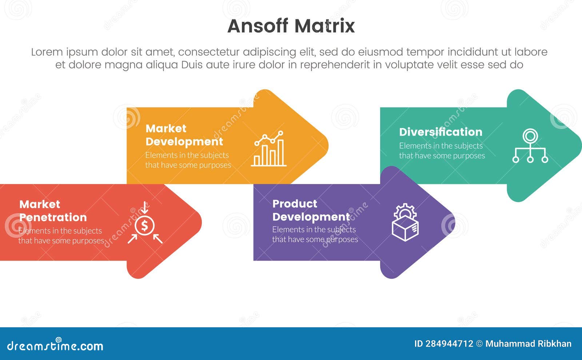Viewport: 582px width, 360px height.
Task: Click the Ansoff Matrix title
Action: click(291, 26)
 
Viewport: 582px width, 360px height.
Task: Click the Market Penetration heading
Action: click(53, 211)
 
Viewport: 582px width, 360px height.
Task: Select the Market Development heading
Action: click(184, 135)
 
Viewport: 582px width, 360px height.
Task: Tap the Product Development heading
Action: click(311, 210)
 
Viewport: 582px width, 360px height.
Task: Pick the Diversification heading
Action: click(441, 132)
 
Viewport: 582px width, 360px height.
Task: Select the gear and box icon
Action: click(405, 223)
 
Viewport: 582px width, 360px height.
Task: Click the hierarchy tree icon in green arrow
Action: click(530, 146)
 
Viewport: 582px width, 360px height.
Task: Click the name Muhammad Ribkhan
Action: click(528, 344)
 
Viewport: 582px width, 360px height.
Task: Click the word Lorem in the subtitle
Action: click(47, 52)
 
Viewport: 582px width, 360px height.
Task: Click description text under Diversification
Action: click(442, 151)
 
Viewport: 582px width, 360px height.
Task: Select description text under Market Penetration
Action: click(61, 236)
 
